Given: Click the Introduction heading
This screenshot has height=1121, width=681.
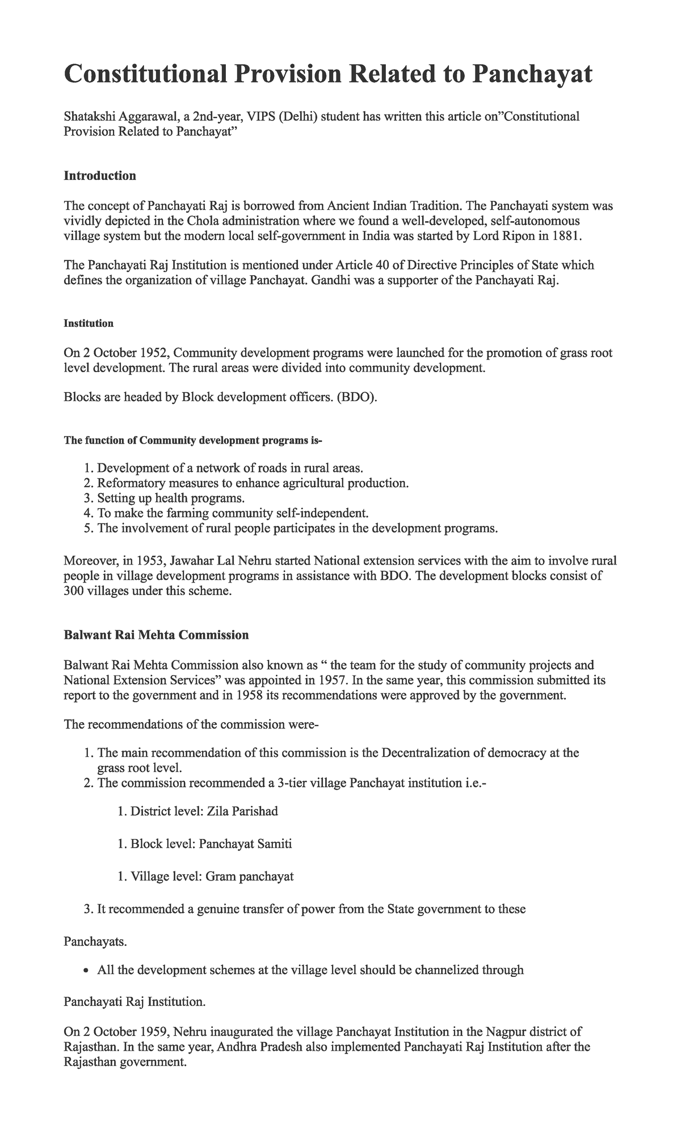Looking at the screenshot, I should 100,176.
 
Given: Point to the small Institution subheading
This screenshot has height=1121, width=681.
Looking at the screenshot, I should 89,324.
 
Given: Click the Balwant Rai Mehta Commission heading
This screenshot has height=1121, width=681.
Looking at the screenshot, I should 156,635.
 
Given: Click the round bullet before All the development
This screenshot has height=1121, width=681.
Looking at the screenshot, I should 86,971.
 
